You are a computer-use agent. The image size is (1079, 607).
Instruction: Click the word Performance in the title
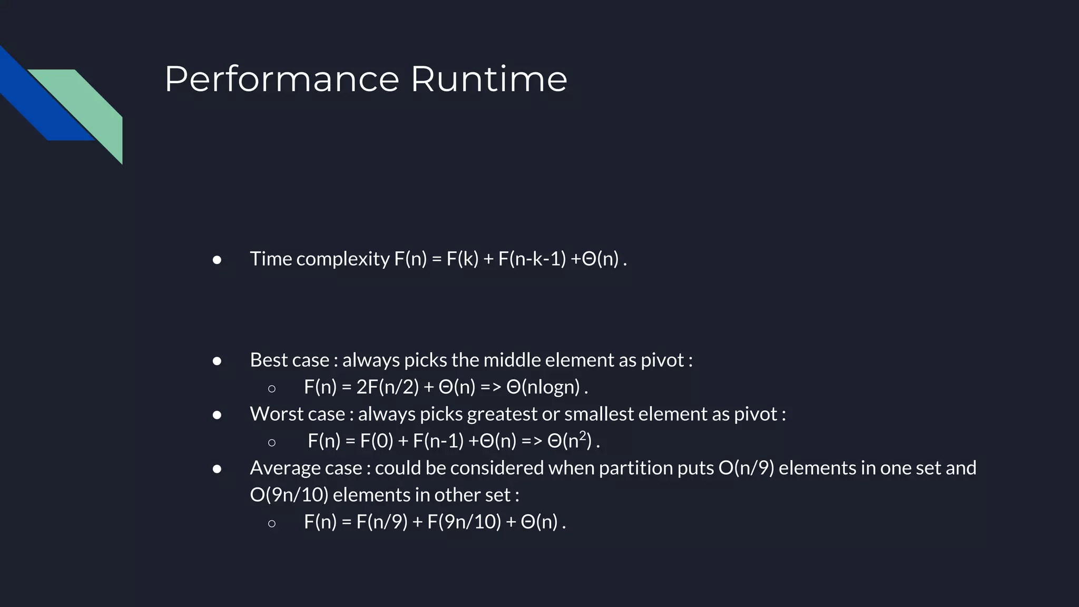click(282, 80)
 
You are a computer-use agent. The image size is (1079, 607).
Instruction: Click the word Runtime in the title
click(488, 80)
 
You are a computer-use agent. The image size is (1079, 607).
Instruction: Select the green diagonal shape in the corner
click(90, 105)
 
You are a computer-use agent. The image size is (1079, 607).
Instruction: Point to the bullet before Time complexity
click(217, 260)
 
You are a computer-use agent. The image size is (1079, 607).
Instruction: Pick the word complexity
click(342, 259)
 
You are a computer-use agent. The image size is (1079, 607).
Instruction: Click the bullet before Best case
click(217, 361)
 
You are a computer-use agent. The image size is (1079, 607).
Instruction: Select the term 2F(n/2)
click(387, 387)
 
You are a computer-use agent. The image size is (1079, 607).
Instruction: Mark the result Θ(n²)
click(570, 440)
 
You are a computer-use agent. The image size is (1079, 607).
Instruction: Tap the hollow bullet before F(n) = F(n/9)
click(271, 523)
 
